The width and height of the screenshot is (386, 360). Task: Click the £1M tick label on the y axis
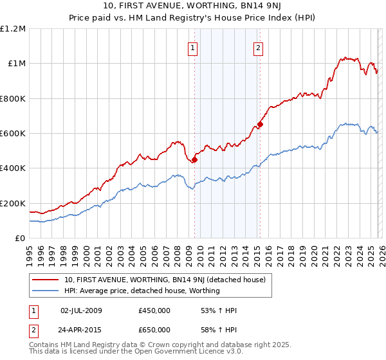click(x=15, y=64)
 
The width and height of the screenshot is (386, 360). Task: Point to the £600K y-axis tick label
click(x=13, y=134)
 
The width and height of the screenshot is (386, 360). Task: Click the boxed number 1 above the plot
click(x=193, y=47)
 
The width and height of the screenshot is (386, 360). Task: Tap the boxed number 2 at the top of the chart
click(x=258, y=47)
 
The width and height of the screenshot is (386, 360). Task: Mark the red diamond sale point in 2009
click(x=194, y=160)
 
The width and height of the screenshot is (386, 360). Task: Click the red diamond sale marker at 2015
click(x=260, y=125)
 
